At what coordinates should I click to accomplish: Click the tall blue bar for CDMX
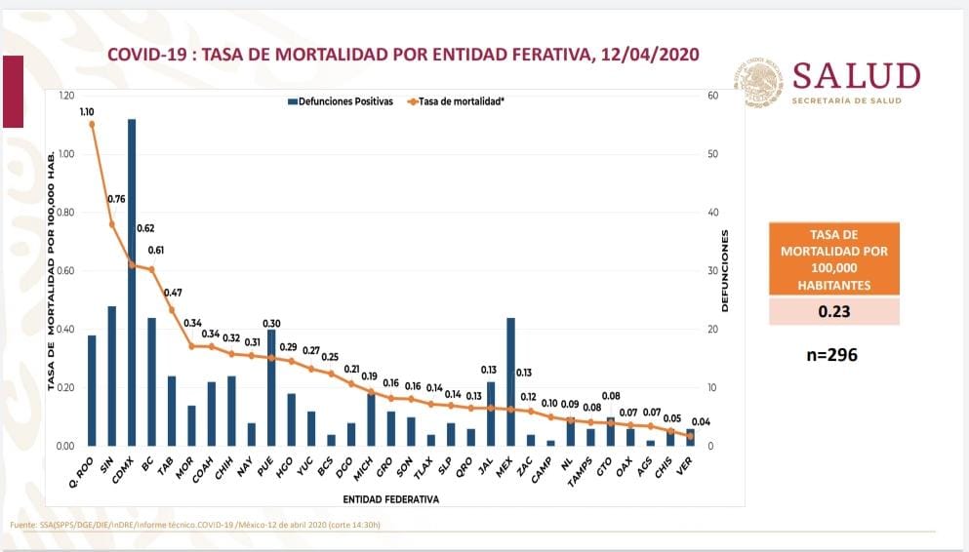click(x=132, y=283)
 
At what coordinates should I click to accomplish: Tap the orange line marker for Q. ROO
click(x=92, y=124)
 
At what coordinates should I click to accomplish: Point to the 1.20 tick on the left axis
click(x=66, y=96)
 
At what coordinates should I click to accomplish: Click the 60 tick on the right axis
click(x=713, y=96)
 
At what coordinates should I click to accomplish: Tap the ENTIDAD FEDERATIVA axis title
click(x=390, y=499)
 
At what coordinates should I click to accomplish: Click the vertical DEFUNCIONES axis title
click(x=726, y=271)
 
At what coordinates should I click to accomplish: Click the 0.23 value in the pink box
click(x=834, y=312)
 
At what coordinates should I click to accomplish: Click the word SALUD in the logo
click(x=856, y=77)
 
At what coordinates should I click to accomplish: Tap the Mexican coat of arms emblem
click(x=759, y=81)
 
